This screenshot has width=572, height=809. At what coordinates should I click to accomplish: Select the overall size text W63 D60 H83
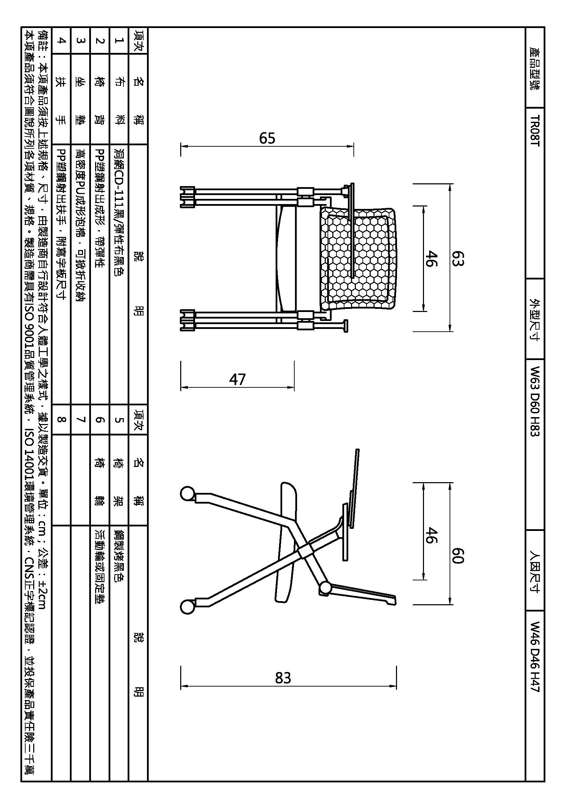tap(535, 401)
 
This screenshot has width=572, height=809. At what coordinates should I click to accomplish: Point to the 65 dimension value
tap(267, 138)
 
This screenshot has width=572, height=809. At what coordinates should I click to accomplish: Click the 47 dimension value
tap(237, 379)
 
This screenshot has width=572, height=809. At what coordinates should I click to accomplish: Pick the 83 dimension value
tap(283, 678)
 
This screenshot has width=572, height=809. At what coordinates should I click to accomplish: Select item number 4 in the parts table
tap(61, 40)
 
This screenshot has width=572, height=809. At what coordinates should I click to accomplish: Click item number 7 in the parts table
tap(81, 419)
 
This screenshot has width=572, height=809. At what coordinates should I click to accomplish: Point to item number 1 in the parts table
tap(119, 40)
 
